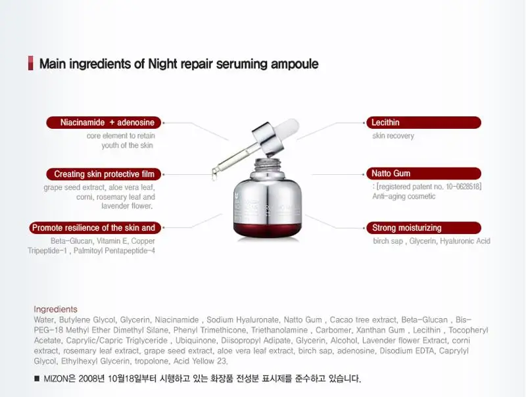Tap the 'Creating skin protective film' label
(x=103, y=174)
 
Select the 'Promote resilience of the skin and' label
(x=93, y=227)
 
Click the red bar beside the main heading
(x=30, y=64)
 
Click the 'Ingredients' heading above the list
(x=55, y=309)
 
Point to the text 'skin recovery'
(x=393, y=136)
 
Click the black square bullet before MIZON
(x=37, y=379)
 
